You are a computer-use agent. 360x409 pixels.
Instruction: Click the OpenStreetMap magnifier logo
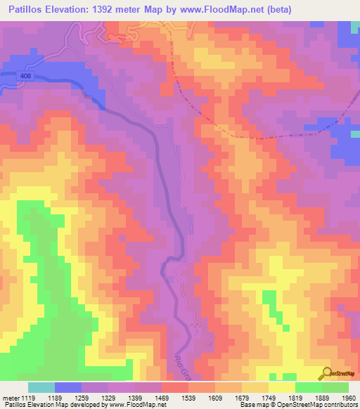[x=326, y=374]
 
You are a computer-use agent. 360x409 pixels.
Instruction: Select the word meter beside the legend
[x=11, y=397]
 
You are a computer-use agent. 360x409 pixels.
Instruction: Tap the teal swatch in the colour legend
[x=41, y=387]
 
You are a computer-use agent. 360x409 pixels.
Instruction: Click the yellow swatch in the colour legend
[x=282, y=387]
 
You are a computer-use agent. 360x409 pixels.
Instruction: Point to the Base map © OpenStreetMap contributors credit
[x=298, y=405]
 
